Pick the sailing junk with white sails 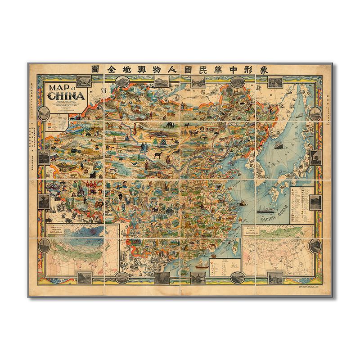pos(202,264)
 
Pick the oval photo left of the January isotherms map pos(45,247)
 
